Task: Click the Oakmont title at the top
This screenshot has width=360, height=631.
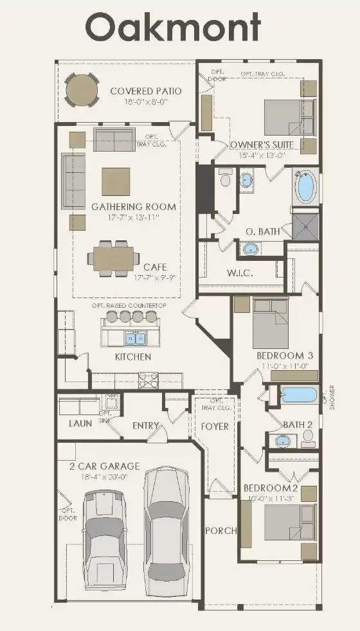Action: click(x=174, y=28)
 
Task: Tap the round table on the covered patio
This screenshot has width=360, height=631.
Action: click(x=82, y=90)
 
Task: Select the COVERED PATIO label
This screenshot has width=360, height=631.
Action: click(x=145, y=91)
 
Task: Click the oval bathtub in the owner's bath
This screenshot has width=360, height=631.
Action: click(x=305, y=188)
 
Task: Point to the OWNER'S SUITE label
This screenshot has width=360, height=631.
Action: click(x=262, y=145)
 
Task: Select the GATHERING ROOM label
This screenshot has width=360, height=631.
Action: click(x=133, y=208)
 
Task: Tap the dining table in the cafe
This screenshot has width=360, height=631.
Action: click(x=113, y=258)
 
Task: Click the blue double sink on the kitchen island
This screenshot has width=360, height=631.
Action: click(x=136, y=337)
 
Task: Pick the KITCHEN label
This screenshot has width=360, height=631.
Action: click(x=133, y=357)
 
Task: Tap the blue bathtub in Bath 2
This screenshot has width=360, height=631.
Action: click(x=300, y=395)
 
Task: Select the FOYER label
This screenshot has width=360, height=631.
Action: click(x=215, y=426)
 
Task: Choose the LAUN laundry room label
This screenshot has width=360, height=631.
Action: click(x=80, y=423)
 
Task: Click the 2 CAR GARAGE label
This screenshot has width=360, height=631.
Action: click(x=104, y=466)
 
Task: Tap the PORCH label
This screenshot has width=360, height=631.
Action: click(x=221, y=531)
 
